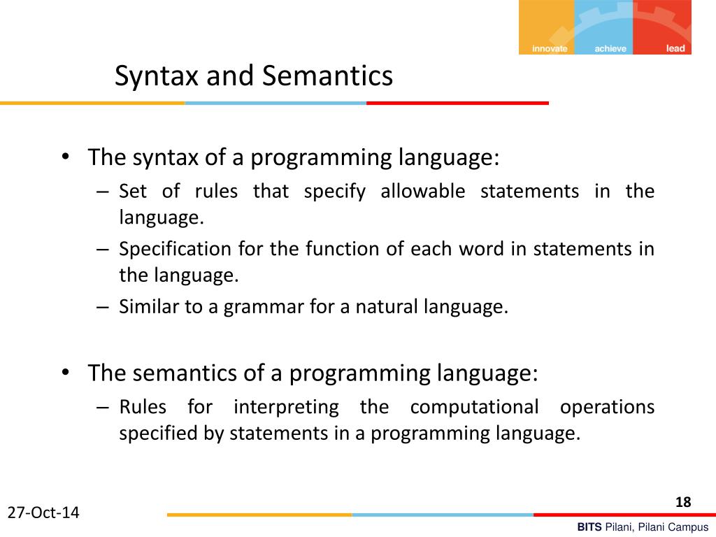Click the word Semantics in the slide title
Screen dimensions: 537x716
327,76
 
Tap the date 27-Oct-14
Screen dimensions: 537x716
43,513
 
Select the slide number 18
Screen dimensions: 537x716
683,502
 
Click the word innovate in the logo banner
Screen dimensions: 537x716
550,49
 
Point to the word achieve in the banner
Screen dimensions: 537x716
610,49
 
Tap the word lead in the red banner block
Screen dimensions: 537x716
675,49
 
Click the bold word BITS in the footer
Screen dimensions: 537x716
589,528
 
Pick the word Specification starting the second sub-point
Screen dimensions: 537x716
175,249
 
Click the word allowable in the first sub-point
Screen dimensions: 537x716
422,192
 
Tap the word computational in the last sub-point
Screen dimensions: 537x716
474,407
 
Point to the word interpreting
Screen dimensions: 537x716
286,407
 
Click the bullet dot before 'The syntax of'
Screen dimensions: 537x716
65,157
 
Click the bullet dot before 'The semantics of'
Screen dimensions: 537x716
65,373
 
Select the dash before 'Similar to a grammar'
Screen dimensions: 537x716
103,307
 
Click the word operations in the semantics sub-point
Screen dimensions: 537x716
607,407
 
